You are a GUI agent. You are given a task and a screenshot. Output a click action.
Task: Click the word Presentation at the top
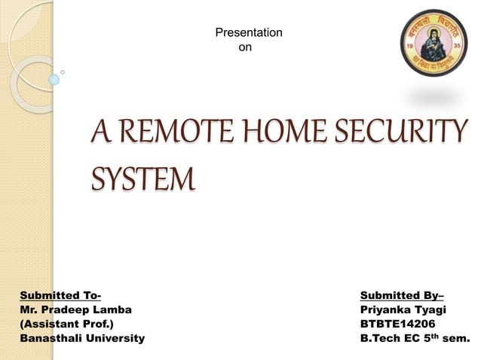tap(249, 32)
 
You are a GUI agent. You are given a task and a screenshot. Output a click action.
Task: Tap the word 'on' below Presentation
tap(245, 47)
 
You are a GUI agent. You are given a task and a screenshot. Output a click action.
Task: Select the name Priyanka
tap(388, 309)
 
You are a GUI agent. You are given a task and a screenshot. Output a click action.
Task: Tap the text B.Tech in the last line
tap(379, 338)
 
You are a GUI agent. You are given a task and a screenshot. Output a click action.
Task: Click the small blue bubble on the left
tap(54, 79)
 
